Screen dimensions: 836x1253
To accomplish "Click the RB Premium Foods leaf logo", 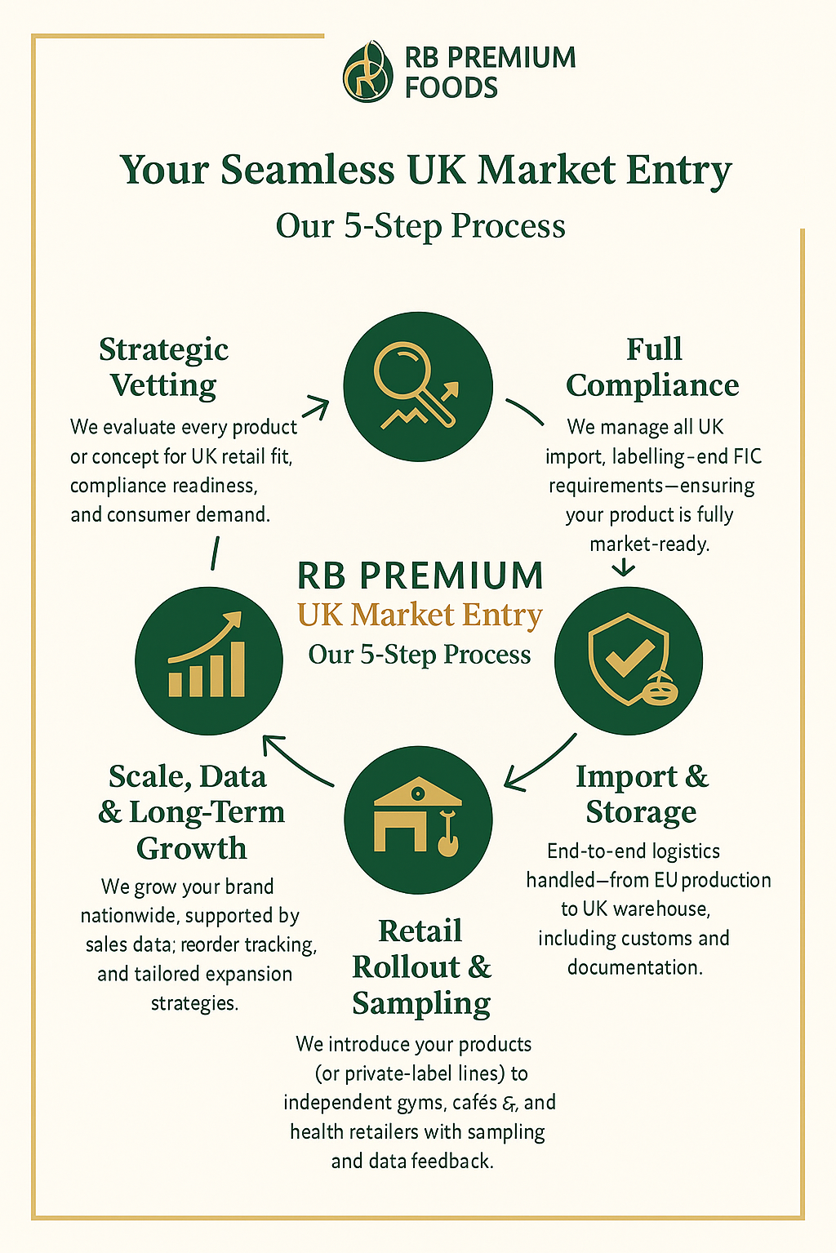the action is [367, 72].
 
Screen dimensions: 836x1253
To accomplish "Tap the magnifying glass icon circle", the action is [418, 387].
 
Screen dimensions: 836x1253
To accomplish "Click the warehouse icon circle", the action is [418, 820].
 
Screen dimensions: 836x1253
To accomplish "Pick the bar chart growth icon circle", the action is [209, 660].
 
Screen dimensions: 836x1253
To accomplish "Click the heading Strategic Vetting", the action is [163, 367].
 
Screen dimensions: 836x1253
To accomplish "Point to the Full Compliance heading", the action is [652, 367].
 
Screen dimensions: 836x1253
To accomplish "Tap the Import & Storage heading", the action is [642, 793].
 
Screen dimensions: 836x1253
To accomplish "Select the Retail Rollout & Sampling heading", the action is [421, 967].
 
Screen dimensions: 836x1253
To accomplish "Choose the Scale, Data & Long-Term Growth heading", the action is [191, 812].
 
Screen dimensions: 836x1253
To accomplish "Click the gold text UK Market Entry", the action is [420, 615].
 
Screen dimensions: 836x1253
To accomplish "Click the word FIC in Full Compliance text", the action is [748, 456].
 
